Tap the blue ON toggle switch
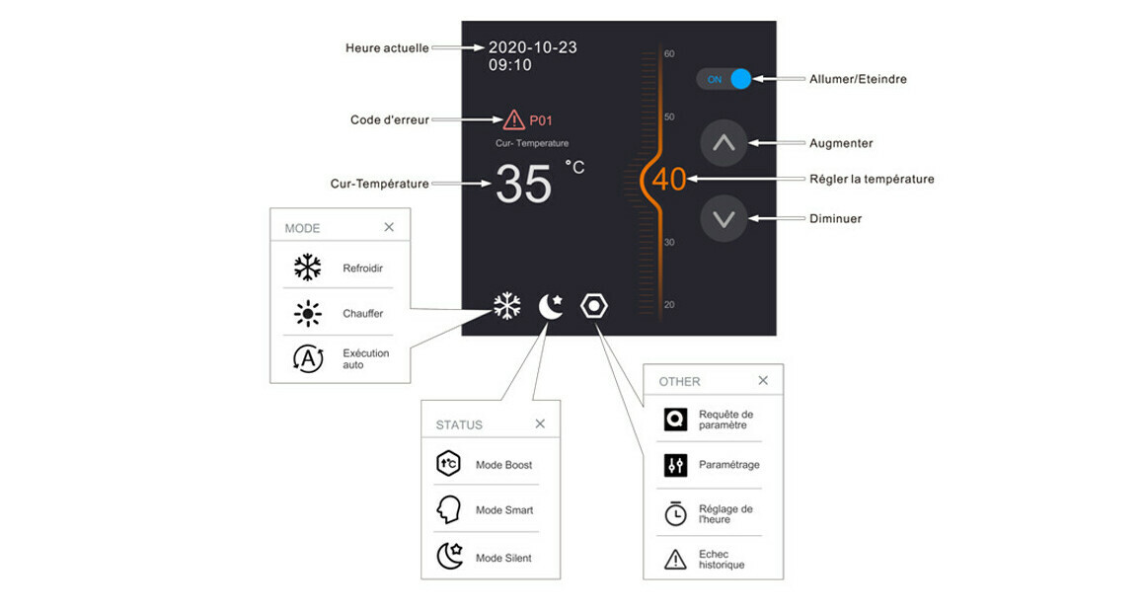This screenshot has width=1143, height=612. coord(724,79)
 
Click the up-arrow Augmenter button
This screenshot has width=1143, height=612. coord(724,143)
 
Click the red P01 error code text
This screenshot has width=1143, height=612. coord(541,120)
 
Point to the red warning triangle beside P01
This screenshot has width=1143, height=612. coord(514,119)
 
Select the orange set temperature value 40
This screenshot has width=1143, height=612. coord(669,180)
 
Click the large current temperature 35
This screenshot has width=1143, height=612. coord(523,184)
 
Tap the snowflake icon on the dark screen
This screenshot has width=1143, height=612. coord(507,306)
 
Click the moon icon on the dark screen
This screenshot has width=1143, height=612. coord(551,306)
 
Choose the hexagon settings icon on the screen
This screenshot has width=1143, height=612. coord(594,306)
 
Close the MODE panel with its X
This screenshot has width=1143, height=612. coord(389,227)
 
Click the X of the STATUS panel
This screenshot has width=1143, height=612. coord(540,423)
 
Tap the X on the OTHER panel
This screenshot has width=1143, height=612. coord(763,380)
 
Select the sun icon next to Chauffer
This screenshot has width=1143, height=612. coord(308,313)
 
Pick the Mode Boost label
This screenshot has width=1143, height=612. coord(503,465)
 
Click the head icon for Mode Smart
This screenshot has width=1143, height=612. coord(448,510)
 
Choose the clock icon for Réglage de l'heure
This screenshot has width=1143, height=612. coord(676,513)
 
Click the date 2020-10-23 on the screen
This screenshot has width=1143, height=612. coord(533,47)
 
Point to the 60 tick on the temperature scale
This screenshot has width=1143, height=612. coord(669,54)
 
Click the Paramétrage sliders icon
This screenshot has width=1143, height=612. coord(676,465)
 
